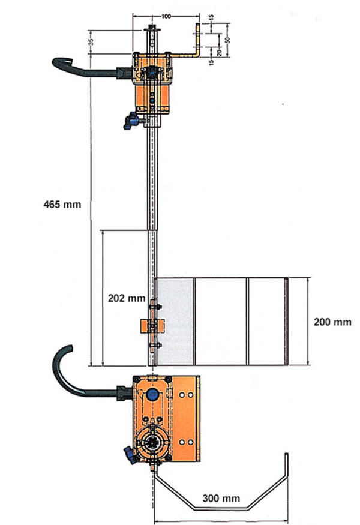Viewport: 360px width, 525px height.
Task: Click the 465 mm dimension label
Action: coord(62,204)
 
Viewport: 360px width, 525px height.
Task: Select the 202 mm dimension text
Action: coord(127,298)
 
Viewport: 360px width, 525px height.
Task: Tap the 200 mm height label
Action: coord(332,322)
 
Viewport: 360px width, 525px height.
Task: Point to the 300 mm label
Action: coord(221,498)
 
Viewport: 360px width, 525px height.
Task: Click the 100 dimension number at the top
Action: coord(166,17)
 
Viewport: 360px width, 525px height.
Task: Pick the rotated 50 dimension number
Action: coord(228,40)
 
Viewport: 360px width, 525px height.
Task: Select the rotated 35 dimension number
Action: coord(91,42)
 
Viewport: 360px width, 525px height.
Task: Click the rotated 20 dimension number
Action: coord(219,52)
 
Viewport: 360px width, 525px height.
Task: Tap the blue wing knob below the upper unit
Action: coord(131,121)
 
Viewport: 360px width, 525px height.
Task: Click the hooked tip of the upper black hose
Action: coord(68,60)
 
